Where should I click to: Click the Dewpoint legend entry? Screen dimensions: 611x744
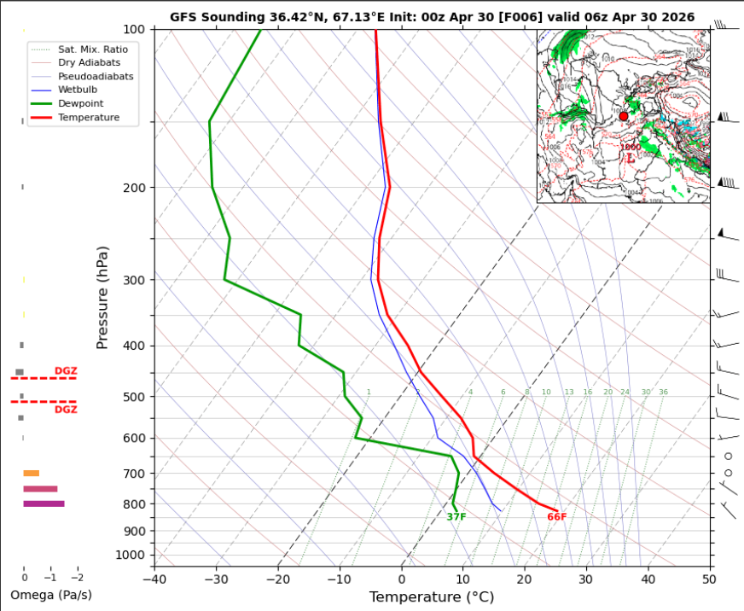point(77,103)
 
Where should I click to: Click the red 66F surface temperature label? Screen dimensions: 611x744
point(557,517)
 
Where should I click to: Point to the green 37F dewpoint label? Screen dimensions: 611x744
point(456,517)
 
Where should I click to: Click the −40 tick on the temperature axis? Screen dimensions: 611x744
point(154,579)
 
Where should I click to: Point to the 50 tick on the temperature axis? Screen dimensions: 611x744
point(709,579)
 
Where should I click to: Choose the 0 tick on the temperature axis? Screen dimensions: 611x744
point(401,579)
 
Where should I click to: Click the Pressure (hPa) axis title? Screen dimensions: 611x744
point(102,297)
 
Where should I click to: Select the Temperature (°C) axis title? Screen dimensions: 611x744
point(431,597)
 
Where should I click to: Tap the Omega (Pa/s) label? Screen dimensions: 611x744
point(51,595)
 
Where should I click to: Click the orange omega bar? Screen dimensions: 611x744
point(32,473)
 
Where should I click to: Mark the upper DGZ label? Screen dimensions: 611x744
point(66,370)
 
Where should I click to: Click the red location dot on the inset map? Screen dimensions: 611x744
point(624,116)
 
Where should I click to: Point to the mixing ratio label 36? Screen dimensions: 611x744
point(663,393)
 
